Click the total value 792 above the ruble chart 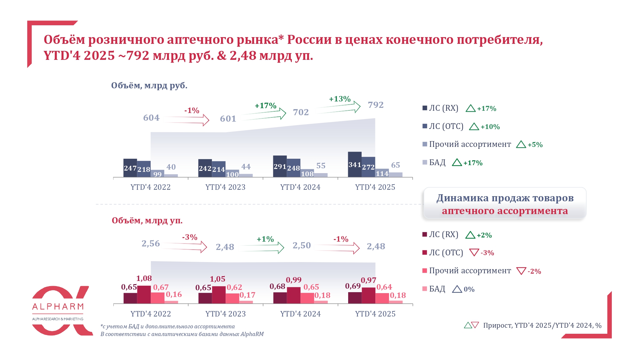(376, 105)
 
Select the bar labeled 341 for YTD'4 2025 (355, 164)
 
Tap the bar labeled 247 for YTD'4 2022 (130, 168)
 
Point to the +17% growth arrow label (265, 106)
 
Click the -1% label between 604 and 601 (192, 111)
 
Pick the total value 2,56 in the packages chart (151, 244)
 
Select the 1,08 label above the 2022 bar (144, 278)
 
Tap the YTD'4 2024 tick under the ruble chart (300, 187)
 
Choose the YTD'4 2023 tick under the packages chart (226, 314)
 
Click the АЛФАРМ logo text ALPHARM (58, 307)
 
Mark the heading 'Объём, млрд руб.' (149, 86)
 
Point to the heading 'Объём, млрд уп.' (147, 221)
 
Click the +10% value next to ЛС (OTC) (490, 127)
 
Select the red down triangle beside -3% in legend (474, 252)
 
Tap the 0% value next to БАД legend (469, 289)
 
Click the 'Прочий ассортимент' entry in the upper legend (470, 144)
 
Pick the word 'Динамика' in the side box (462, 198)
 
